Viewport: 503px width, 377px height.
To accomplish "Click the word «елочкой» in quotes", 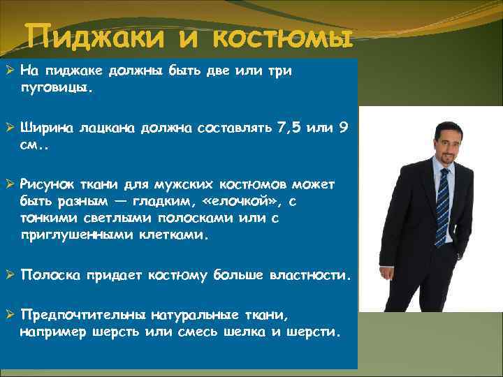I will point(226,202).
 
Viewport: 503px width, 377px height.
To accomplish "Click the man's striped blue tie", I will point(442,202).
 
